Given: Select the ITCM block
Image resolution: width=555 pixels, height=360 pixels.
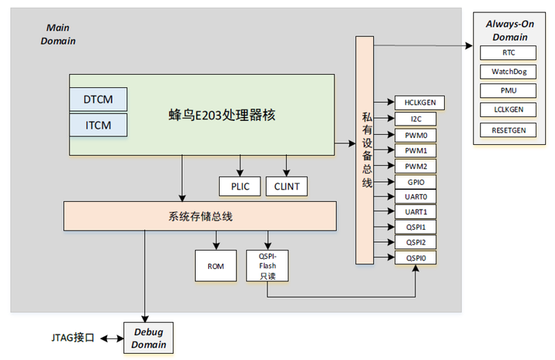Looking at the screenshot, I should point(98,123).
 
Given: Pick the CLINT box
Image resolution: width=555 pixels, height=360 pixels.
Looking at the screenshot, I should point(287,186).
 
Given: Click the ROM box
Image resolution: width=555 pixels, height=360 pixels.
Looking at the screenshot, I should point(215,265).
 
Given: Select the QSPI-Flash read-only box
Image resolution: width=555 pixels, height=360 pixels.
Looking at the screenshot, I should point(267,265).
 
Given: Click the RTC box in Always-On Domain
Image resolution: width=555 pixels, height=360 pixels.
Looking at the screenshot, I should point(509,53).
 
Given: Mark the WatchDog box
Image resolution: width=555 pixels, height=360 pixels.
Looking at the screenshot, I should point(509,72).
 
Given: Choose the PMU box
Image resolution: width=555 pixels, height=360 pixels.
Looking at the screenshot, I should point(509,91).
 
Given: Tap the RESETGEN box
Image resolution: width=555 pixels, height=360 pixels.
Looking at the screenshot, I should point(509,130).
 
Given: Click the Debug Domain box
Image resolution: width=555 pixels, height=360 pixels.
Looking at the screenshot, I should point(149,338).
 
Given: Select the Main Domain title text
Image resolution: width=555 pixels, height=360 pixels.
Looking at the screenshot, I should point(58,34).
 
